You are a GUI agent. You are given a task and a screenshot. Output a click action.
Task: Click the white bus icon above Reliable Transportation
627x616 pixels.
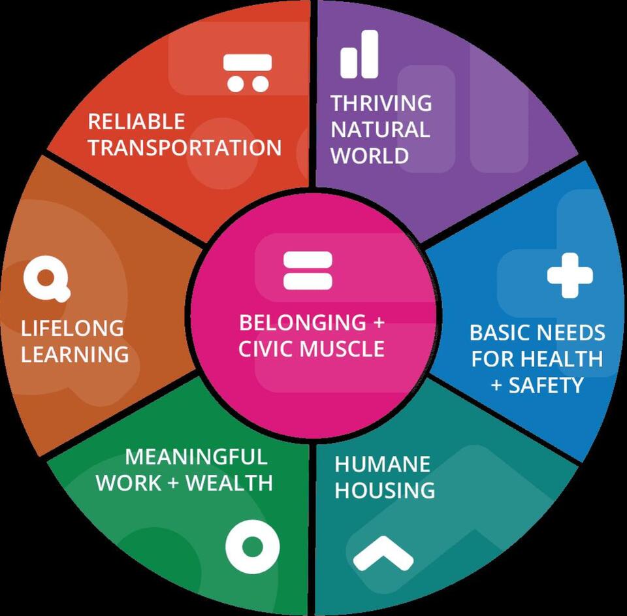click(247, 72)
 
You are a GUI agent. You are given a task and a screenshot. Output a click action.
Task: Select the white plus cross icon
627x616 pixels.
click(570, 275)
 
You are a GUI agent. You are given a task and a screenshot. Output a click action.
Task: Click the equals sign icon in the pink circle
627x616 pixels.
click(308, 270)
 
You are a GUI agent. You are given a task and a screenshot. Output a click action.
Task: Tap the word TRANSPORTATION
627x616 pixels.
click(185, 148)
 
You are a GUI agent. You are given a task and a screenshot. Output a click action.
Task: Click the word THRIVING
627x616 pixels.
click(381, 103)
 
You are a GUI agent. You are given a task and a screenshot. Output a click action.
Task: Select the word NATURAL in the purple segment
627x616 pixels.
click(380, 129)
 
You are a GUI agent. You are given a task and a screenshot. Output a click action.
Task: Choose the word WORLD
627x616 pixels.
click(370, 155)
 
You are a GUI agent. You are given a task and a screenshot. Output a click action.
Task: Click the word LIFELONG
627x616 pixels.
click(72, 328)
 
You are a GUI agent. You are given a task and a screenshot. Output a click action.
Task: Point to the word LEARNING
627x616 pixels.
click(75, 354)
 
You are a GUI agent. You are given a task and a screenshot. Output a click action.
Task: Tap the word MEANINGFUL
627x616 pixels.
click(196, 456)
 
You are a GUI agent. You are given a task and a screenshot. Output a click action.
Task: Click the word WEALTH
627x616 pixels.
click(229, 483)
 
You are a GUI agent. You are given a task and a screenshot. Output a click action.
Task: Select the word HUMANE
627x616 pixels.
click(382, 464)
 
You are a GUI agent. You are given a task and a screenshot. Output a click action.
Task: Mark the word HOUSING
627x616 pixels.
click(385, 490)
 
